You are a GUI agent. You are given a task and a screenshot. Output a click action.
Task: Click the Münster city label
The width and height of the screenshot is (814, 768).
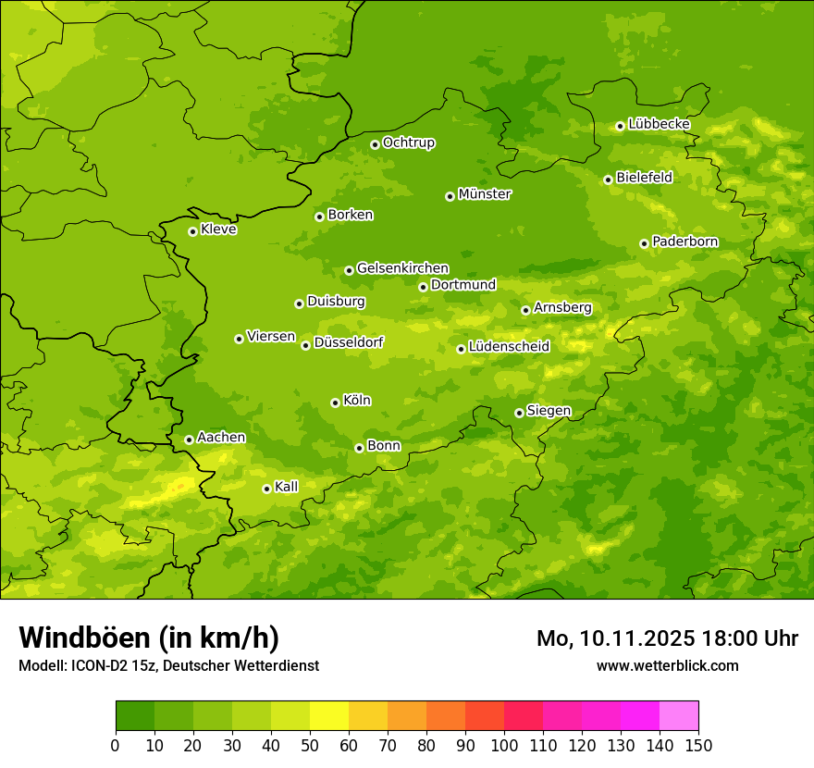[485, 194]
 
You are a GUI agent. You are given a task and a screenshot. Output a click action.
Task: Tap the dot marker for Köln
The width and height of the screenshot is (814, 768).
[335, 403]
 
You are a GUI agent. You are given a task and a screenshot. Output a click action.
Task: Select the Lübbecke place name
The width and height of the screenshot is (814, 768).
[659, 124]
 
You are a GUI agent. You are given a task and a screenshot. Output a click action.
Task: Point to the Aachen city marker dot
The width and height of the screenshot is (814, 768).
[189, 440]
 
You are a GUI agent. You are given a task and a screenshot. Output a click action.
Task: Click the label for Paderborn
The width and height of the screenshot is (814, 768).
[684, 242]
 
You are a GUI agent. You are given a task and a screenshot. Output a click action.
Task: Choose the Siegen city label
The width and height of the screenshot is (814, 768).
[549, 411]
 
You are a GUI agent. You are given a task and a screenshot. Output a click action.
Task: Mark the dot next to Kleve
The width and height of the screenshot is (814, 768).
[192, 231]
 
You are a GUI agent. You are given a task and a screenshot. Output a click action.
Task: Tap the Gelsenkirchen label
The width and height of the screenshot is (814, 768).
[402, 268]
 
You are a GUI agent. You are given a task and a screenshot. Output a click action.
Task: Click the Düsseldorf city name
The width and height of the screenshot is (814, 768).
[348, 342]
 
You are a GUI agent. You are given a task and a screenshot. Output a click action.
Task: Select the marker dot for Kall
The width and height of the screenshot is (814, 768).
[266, 489]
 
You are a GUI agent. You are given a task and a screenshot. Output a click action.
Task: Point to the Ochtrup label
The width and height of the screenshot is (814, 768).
[408, 142]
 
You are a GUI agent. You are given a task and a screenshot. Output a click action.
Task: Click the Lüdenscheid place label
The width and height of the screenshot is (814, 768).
[509, 347]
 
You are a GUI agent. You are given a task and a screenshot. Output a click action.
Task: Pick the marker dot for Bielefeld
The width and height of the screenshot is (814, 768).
[608, 180]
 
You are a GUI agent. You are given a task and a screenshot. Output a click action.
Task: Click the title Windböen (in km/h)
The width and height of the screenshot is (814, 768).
[148, 638]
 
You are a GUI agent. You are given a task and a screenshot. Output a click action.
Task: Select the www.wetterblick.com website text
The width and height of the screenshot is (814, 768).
[667, 665]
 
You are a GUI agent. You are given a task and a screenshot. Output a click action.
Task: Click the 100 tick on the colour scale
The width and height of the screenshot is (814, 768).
[504, 744]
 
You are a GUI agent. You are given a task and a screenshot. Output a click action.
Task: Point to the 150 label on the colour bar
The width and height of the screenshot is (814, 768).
[698, 744]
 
